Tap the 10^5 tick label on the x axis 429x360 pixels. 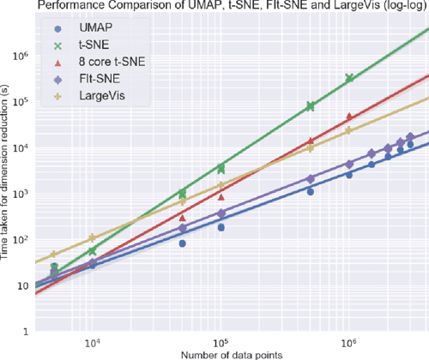point(221,340)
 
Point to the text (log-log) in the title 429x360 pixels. point(398,6)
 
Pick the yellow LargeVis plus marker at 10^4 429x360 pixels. point(93,237)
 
